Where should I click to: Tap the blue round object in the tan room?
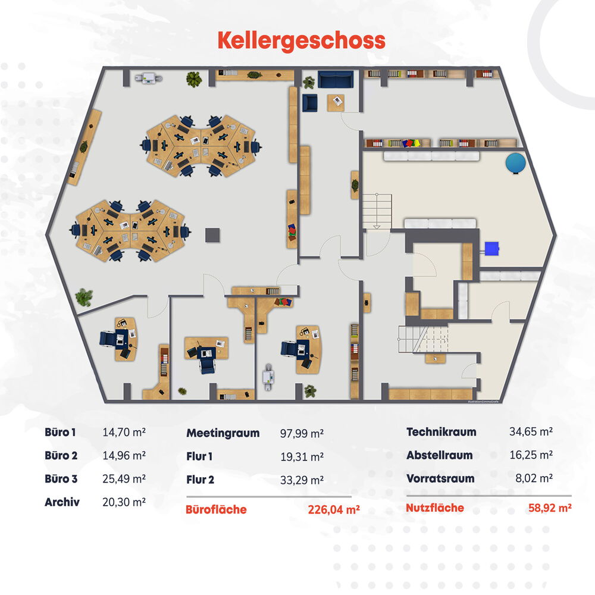point(516,163)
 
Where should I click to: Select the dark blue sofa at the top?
point(336,79)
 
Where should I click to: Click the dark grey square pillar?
point(212,235)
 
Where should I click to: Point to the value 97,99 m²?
point(302,433)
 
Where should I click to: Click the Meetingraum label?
point(223,433)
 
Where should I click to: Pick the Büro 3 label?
point(61,479)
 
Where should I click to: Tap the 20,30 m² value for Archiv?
point(124,502)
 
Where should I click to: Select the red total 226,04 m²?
point(334,509)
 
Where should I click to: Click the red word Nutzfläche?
point(435,508)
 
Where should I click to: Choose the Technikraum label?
point(441,432)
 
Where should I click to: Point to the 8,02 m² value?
point(534,478)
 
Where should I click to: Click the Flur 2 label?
point(200,480)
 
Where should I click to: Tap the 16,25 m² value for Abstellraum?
point(531,455)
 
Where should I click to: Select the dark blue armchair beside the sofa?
point(309,103)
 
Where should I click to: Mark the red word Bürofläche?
point(216,509)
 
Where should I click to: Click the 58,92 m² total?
point(550,508)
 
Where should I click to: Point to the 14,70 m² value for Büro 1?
point(124,432)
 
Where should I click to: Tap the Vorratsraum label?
point(440,478)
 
